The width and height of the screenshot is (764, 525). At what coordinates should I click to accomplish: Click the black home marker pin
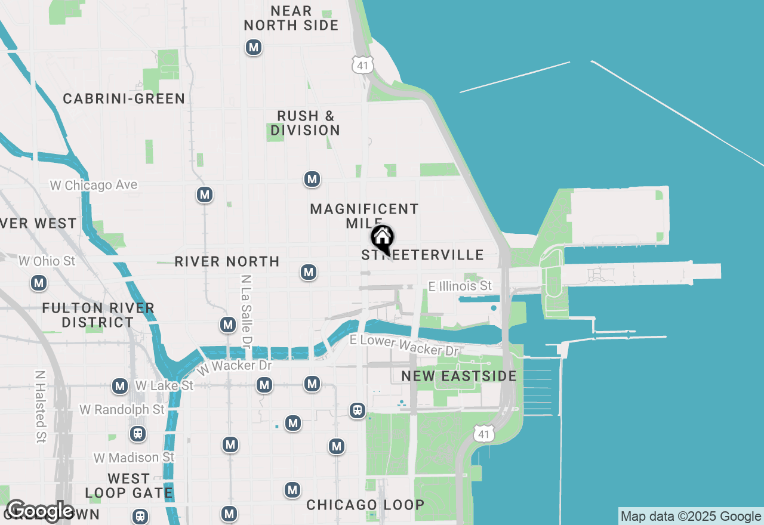[x=382, y=238]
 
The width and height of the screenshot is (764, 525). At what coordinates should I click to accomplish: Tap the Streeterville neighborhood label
[x=423, y=255]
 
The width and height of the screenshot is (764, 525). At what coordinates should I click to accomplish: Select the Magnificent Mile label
[x=364, y=216]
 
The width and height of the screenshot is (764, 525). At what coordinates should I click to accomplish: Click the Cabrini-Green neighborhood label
[x=124, y=98]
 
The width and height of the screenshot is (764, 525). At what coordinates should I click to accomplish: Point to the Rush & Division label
[x=305, y=123]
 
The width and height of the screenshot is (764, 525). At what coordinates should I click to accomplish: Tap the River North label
[x=227, y=261]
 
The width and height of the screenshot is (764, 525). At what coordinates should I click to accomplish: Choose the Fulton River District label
[x=98, y=315]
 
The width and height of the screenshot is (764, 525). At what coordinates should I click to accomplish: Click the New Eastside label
[x=458, y=376]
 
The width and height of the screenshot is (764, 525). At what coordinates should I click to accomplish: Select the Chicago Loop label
[x=365, y=505]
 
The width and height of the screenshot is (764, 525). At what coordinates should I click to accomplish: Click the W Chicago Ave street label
[x=94, y=185]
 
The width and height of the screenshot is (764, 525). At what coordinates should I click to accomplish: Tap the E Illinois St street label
[x=460, y=286]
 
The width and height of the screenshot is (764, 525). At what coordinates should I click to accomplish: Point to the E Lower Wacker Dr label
[x=403, y=344]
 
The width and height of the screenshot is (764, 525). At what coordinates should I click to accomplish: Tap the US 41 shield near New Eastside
[x=484, y=434]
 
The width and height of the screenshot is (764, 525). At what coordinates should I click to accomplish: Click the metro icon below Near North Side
[x=254, y=47]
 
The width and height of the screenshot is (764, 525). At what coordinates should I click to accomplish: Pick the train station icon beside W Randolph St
[x=138, y=433]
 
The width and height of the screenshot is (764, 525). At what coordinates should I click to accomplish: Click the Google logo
[x=39, y=511]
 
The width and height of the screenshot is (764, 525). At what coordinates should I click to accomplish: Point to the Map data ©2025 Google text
[x=691, y=517]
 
